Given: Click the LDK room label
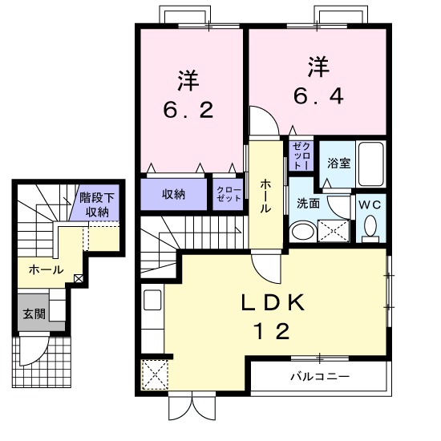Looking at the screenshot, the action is pyautogui.click(x=273, y=302).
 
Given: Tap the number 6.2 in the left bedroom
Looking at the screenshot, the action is pyautogui.click(x=188, y=110).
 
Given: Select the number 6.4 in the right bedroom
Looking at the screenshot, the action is pyautogui.click(x=318, y=96).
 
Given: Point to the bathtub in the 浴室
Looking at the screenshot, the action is pyautogui.click(x=371, y=164).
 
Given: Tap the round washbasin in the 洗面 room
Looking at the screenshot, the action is pyautogui.click(x=303, y=231).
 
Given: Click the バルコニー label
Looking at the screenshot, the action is pyautogui.click(x=320, y=376).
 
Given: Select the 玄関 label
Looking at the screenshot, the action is pyautogui.click(x=34, y=314).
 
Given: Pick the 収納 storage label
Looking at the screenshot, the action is pyautogui.click(x=173, y=194).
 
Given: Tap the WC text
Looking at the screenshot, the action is pyautogui.click(x=370, y=204).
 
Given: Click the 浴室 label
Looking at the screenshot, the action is pyautogui.click(x=338, y=163).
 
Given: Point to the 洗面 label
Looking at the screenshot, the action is pyautogui.click(x=309, y=203).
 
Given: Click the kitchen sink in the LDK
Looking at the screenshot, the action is pyautogui.click(x=152, y=300).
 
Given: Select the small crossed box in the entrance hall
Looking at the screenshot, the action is pyautogui.click(x=79, y=279).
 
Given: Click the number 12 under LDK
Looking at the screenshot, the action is pyautogui.click(x=272, y=331).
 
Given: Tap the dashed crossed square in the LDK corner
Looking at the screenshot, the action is pyautogui.click(x=155, y=375).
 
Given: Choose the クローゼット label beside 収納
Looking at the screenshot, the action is pyautogui.click(x=229, y=194).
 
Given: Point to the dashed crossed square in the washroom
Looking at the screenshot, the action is pyautogui.click(x=334, y=231).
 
